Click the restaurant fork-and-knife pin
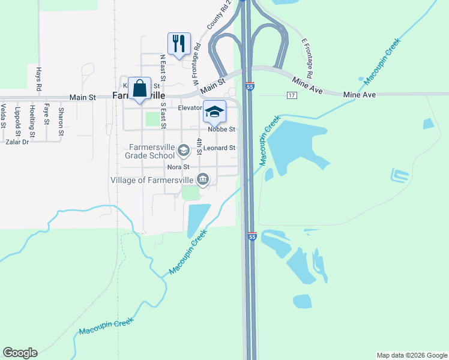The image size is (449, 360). pos(179,44)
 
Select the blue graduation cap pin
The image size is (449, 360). pos(214,112)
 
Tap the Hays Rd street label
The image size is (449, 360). pos(38,79)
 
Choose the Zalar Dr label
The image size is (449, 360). pos(16,142)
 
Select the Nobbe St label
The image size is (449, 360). pos(221,129)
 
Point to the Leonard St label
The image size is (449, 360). pos(219,148)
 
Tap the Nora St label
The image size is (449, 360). pos(178,167)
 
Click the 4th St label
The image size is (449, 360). pos(199,147)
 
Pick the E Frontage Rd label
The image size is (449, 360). pos(307,59)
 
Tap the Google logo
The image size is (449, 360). pos(20,353)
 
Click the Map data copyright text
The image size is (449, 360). pos(411,355)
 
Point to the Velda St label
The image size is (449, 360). pos(3,116)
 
